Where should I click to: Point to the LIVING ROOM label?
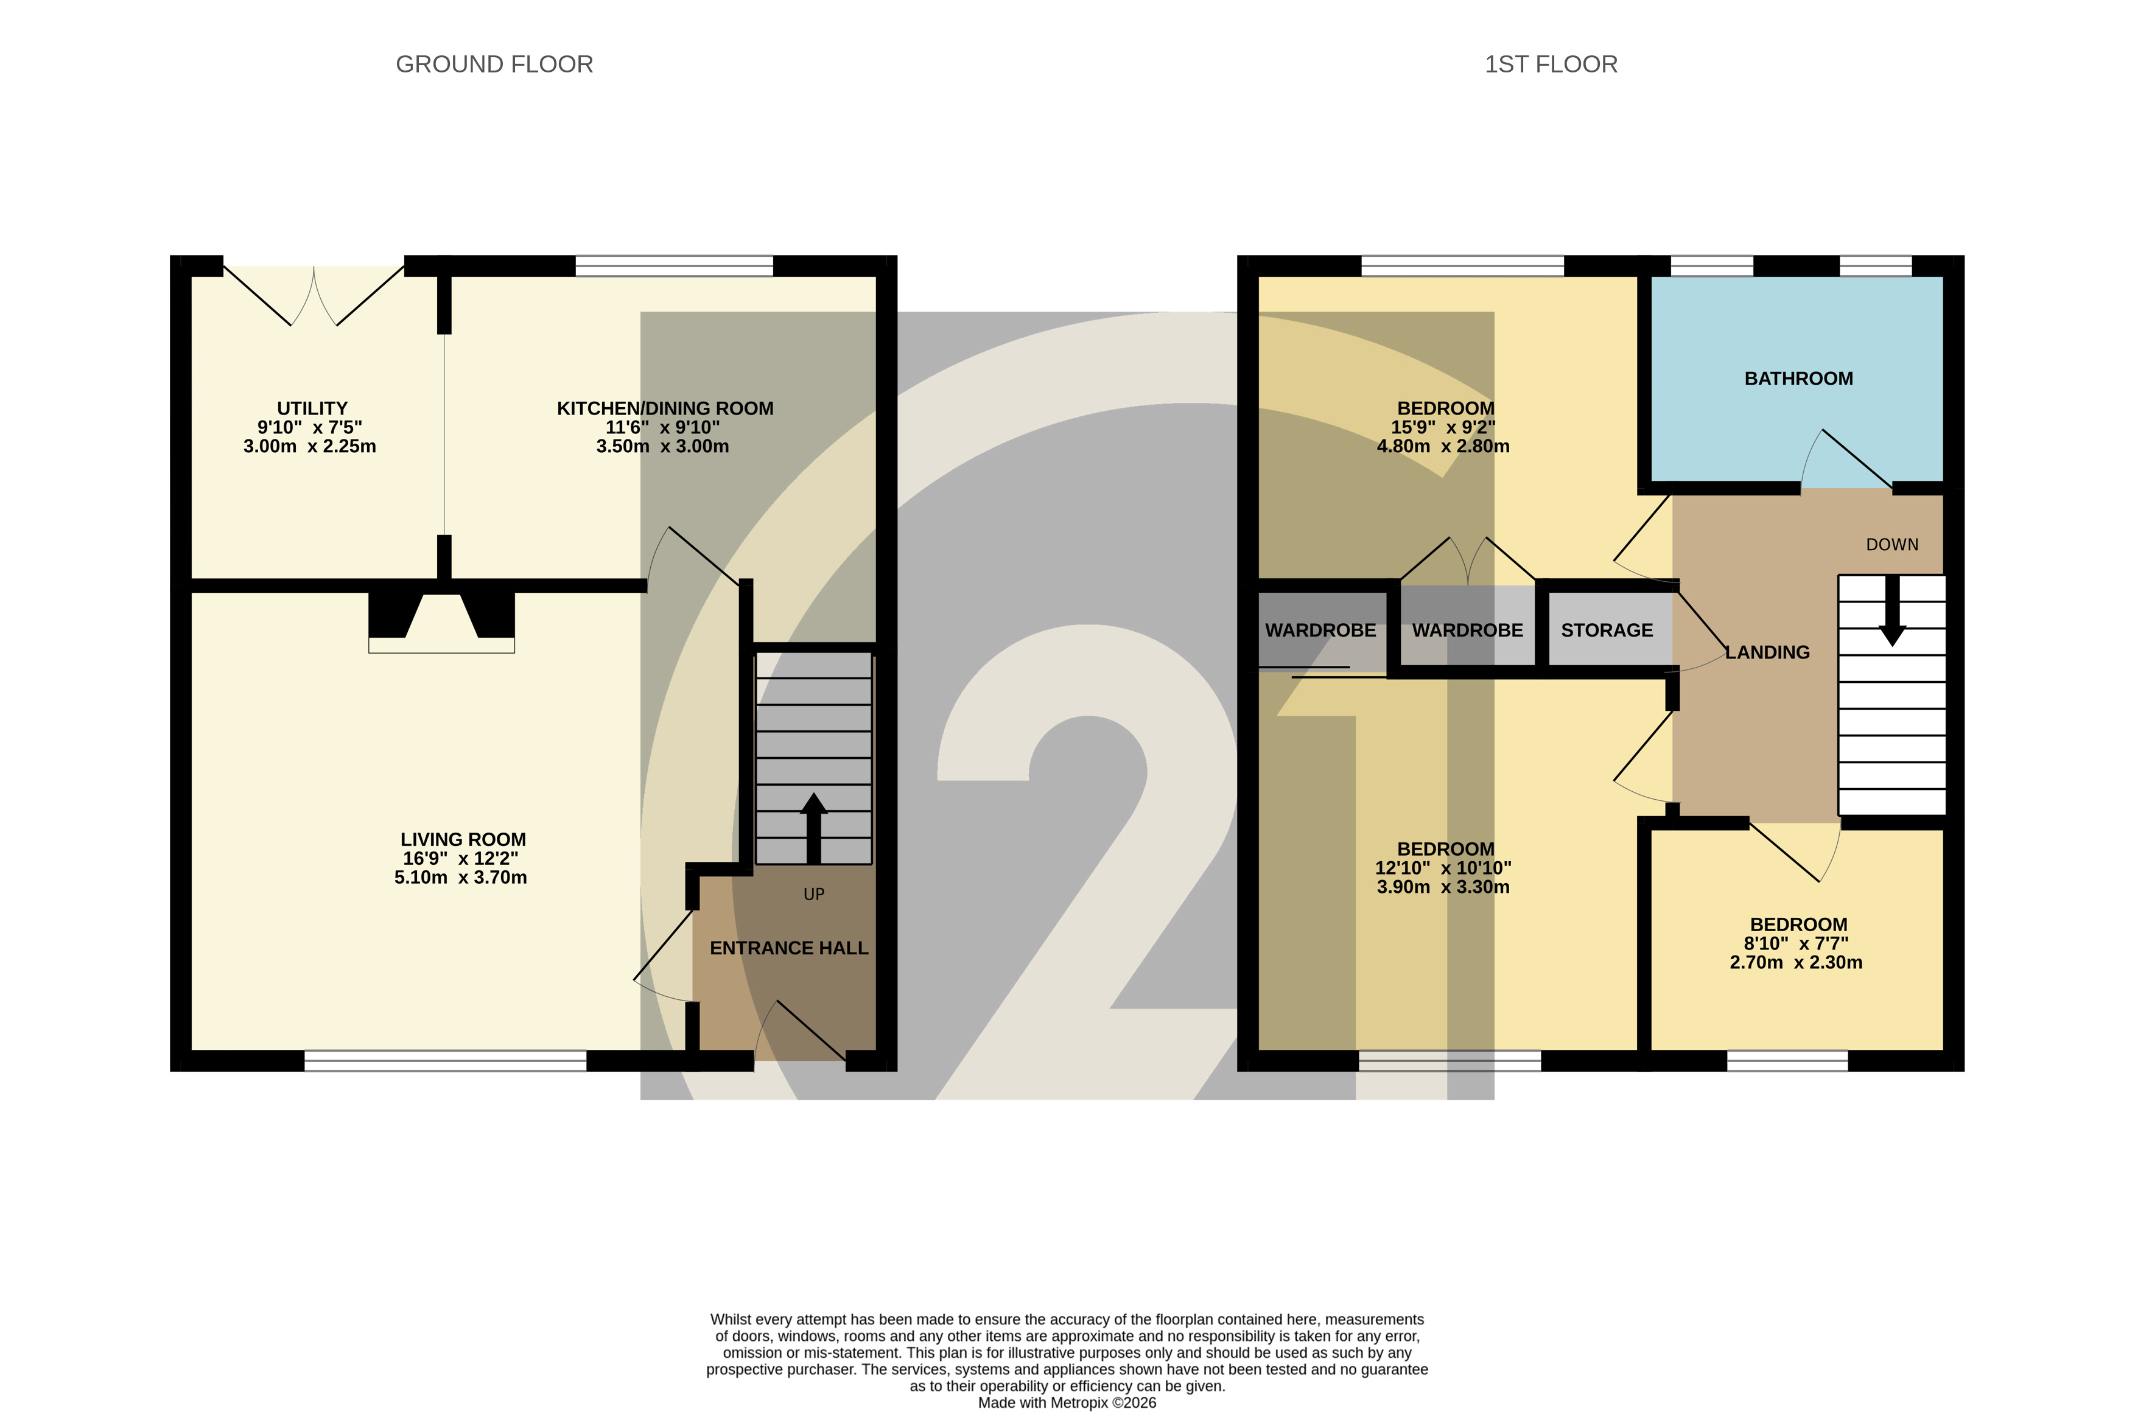(463, 839)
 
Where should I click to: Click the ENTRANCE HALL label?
(789, 948)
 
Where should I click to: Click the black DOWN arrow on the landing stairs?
(1892, 610)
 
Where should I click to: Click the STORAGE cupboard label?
(1607, 631)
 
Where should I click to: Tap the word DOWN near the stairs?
(1892, 545)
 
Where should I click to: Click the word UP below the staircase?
(814, 894)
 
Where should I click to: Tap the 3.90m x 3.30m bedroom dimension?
(1443, 887)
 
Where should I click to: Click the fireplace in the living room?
(441, 622)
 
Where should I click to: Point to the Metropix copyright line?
(1067, 1403)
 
